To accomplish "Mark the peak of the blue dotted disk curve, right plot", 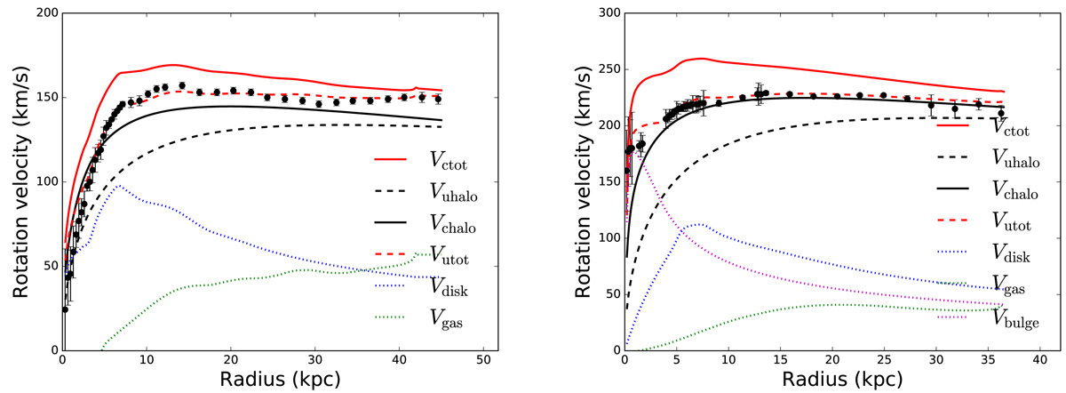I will [x=700, y=224].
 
